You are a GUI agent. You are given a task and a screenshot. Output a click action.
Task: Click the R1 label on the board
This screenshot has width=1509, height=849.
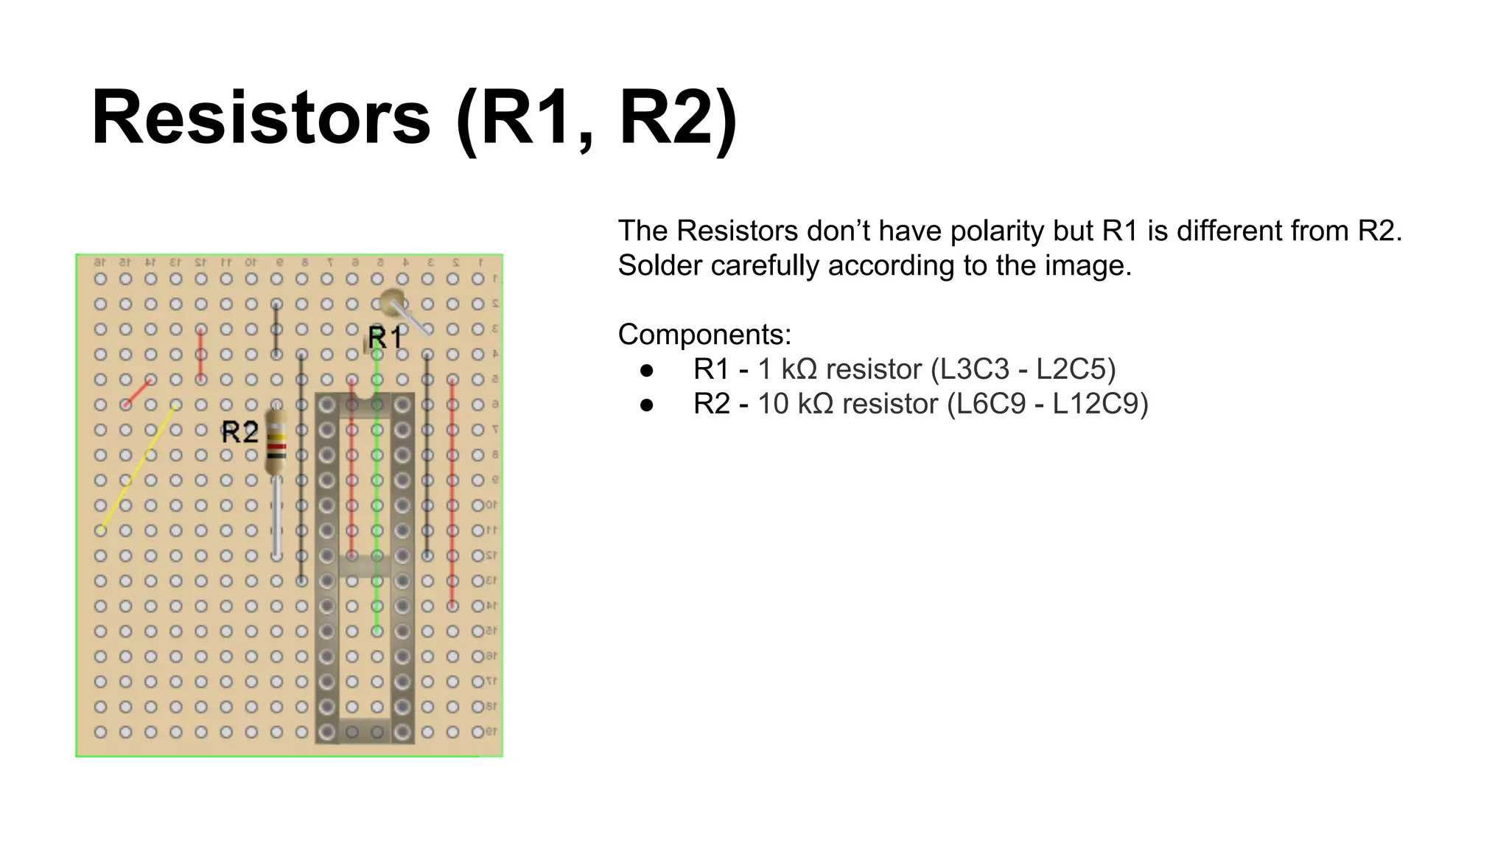[385, 338]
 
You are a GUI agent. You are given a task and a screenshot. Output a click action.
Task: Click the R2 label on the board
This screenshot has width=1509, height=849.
[240, 432]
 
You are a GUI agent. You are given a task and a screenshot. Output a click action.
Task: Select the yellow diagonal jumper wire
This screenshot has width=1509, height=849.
[138, 467]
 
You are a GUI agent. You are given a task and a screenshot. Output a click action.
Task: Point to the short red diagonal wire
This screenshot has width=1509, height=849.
[138, 392]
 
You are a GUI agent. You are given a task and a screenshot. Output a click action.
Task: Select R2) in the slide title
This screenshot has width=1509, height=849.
[677, 118]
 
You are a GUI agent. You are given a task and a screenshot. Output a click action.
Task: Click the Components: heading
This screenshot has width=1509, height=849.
[704, 335]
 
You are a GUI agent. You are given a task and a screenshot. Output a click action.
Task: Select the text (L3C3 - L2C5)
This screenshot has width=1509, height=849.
[1023, 369]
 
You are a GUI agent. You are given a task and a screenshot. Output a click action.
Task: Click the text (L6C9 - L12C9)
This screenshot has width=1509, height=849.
[1047, 404]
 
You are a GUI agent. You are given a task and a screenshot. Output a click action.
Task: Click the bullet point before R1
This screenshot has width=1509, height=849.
[647, 370]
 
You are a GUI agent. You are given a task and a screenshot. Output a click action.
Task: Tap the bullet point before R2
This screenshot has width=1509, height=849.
[647, 405]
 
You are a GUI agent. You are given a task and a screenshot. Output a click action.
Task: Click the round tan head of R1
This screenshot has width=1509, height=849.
[391, 301]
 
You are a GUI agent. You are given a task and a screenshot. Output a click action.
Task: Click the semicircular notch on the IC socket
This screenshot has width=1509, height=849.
[364, 404]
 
